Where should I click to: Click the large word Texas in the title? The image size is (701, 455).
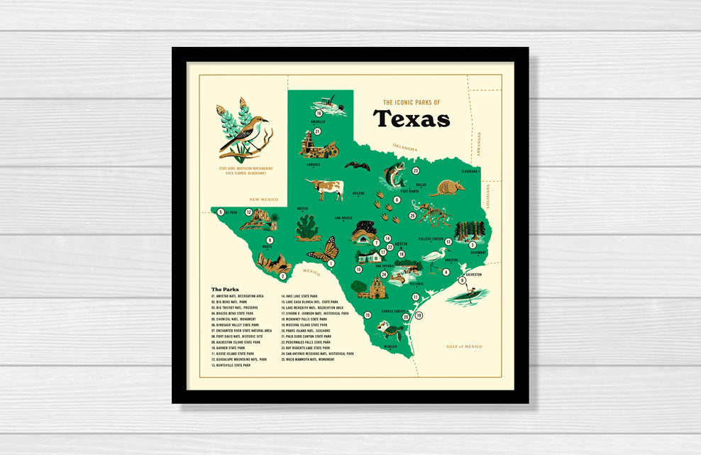(411, 119)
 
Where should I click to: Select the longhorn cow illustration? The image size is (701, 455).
(326, 188)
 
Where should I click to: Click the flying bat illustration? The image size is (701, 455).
(357, 166)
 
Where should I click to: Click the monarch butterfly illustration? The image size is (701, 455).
(324, 250)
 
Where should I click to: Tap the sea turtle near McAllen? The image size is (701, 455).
(389, 330)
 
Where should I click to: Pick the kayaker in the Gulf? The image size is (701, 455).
(469, 294)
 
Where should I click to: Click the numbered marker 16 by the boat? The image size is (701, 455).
(319, 113)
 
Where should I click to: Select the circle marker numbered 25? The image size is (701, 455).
(412, 216)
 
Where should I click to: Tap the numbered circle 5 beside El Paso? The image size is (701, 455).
(221, 212)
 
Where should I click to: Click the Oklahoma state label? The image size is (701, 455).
(406, 148)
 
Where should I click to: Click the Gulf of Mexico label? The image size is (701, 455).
(464, 346)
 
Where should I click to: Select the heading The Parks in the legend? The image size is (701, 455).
(225, 290)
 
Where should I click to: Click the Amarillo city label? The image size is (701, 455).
(317, 121)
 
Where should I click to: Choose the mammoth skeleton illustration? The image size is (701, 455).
(433, 212)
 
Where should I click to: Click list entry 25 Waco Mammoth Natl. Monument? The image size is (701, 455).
(308, 359)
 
